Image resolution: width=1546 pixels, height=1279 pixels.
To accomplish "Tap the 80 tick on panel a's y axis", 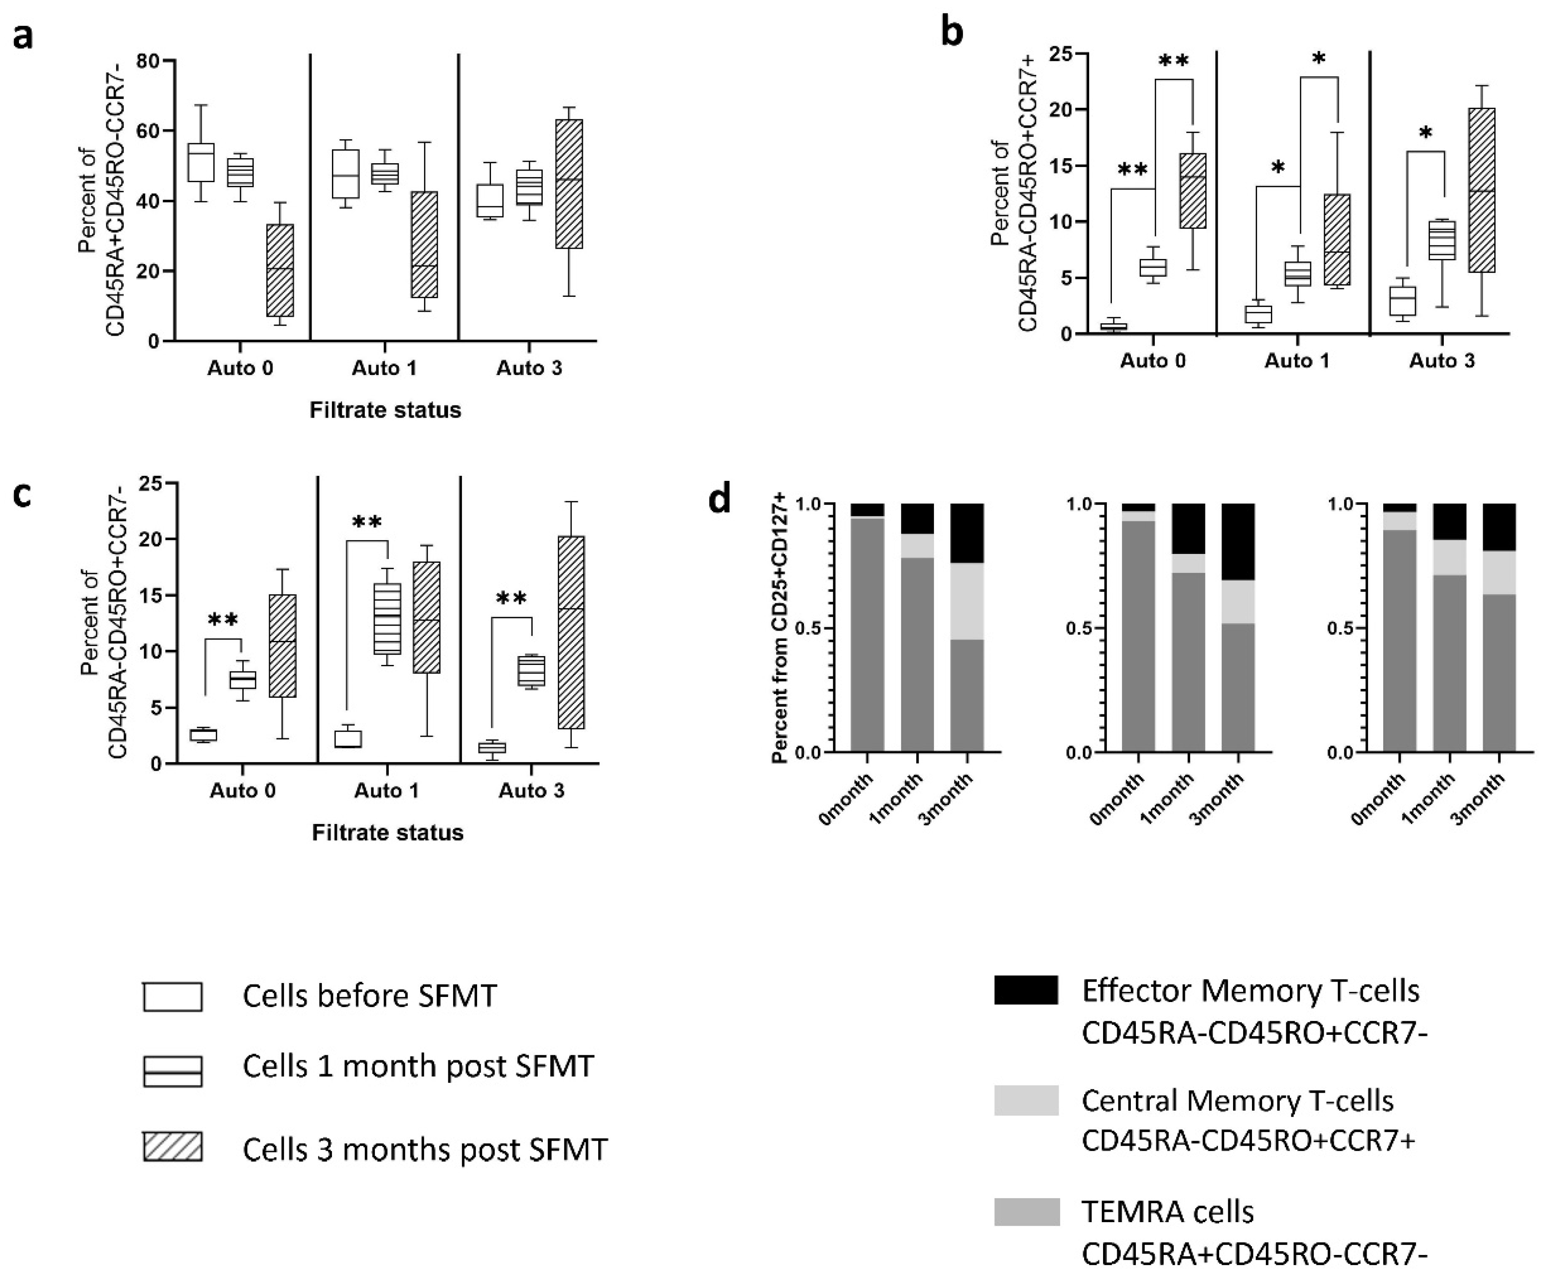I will coord(149,61).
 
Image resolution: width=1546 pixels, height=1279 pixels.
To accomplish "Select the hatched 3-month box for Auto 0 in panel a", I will coord(280,270).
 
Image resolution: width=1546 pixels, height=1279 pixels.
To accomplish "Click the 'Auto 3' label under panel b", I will coord(1442,361).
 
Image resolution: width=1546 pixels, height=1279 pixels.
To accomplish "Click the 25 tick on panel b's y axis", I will coord(1061,53).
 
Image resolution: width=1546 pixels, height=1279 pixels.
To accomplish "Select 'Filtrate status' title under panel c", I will coord(387,833).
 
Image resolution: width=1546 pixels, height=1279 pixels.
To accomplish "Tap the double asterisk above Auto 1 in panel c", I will coord(367,523).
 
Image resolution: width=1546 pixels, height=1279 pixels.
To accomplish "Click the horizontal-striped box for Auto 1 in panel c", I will coord(387,619).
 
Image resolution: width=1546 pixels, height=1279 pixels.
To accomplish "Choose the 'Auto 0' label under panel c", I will coord(243,791).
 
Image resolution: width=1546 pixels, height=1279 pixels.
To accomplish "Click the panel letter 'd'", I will coord(719,501).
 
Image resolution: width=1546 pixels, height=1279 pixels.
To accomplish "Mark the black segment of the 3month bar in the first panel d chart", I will coord(967,533).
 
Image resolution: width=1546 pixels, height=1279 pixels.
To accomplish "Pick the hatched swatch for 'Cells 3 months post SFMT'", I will coord(172,1147).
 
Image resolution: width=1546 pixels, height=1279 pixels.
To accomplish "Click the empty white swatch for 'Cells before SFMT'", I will coord(172,996).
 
